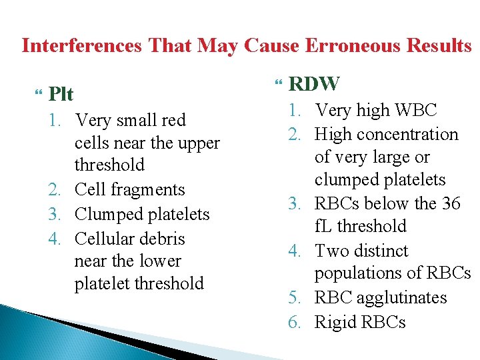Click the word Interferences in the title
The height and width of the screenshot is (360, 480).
click(x=81, y=46)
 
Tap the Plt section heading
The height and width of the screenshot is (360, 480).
click(x=61, y=94)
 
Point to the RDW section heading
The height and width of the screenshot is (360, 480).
click(x=315, y=84)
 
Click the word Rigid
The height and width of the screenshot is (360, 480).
click(x=335, y=323)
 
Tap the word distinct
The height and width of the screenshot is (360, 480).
click(x=380, y=251)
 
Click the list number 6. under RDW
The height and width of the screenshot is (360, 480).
click(x=295, y=323)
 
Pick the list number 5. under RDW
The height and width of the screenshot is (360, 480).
click(x=295, y=297)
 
